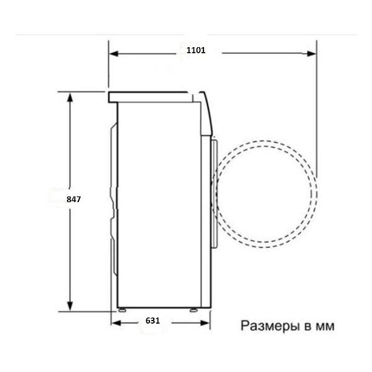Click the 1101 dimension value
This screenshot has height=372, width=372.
point(196,50)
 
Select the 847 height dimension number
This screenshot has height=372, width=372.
point(74,199)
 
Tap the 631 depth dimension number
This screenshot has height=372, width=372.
point(153,321)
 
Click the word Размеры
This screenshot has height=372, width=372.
point(270,326)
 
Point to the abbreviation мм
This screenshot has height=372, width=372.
point(325,327)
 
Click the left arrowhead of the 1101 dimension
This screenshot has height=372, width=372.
point(114,53)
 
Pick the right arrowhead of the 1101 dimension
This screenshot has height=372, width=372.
point(311,53)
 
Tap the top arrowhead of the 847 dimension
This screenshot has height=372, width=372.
point(69,97)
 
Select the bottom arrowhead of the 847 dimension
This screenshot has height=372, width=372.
point(69,306)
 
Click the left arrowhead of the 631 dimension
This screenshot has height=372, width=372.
point(116,323)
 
